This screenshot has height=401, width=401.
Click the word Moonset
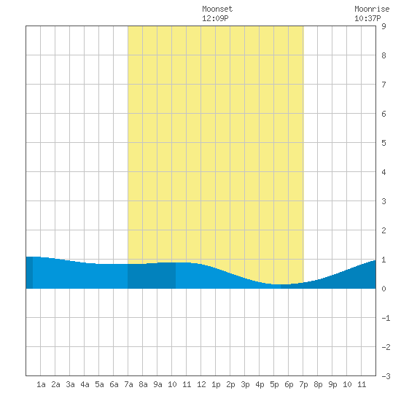coord(217,9)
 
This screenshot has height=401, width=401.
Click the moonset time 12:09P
coord(215,18)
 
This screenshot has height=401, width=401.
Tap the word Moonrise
coord(372,9)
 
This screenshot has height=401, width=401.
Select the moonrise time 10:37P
coord(367,18)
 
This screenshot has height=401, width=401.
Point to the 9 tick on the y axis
coord(384,26)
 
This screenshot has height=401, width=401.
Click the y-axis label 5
coord(384,143)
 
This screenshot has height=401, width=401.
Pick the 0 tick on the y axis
coord(384,289)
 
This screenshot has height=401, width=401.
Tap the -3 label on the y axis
coord(386,376)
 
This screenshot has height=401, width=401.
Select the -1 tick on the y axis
coord(386,318)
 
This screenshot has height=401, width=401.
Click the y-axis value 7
coord(384,85)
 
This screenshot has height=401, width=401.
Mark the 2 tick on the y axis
coord(384,230)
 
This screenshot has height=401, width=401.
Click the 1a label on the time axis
coord(41,384)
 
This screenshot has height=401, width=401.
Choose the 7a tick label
coord(128,384)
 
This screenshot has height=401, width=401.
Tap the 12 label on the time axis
coord(201,384)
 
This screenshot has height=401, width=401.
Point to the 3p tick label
coord(245,384)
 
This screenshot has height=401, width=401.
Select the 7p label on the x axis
coord(303,384)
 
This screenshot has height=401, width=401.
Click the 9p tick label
coord(332,384)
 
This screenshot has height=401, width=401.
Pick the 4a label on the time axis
coord(85,384)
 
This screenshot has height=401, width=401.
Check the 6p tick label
coord(289,384)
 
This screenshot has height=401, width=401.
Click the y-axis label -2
coord(386,347)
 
